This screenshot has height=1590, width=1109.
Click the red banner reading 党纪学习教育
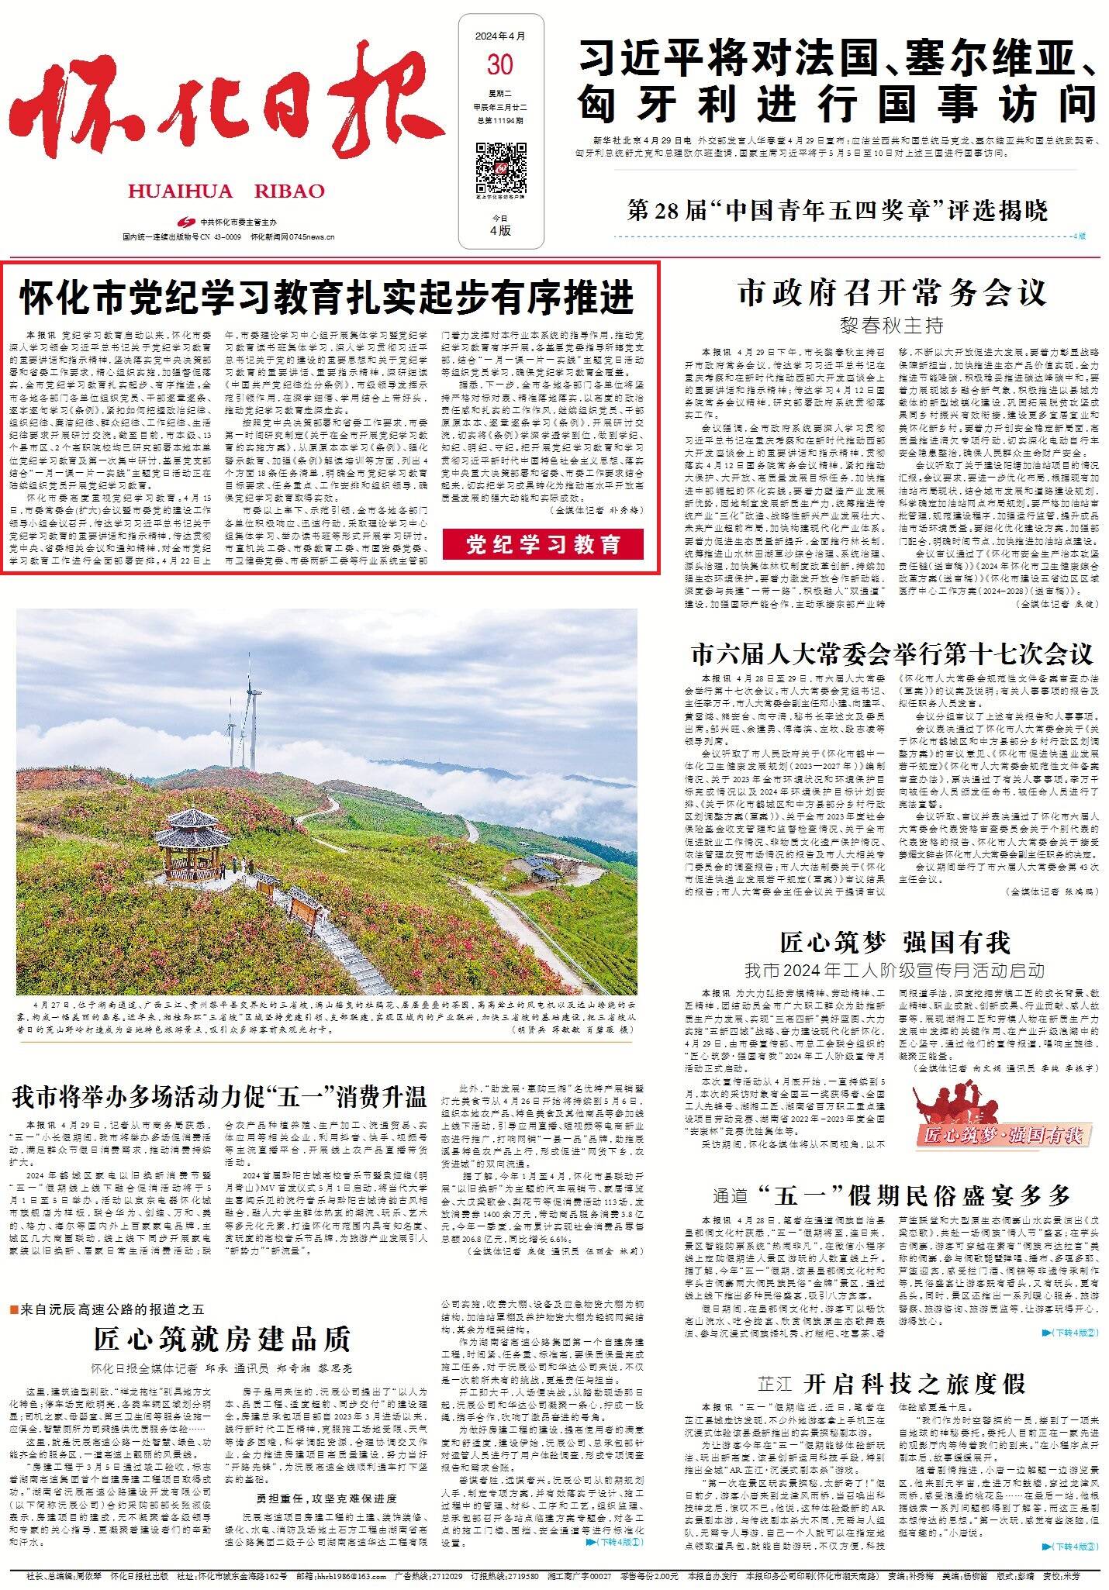pyautogui.click(x=543, y=544)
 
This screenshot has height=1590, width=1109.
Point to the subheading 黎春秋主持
pyautogui.click(x=892, y=324)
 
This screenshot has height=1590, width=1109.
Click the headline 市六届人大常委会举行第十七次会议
pyautogui.click(x=892, y=654)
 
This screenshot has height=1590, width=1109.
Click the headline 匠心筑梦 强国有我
pyautogui.click(x=895, y=943)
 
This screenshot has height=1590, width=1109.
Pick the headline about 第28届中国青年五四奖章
pyautogui.click(x=838, y=211)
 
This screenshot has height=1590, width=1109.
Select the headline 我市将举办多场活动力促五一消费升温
pyautogui.click(x=219, y=1097)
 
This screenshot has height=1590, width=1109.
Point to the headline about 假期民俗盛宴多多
pyautogui.click(x=892, y=1195)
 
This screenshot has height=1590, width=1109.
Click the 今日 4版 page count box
pyautogui.click(x=500, y=225)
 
